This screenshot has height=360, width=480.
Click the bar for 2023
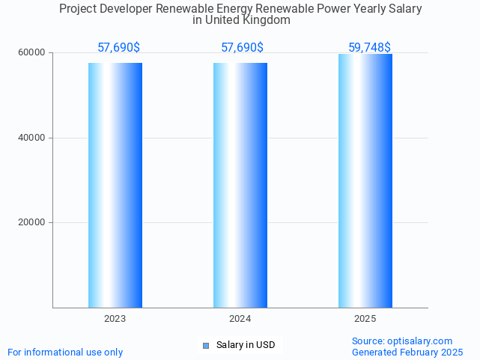pos(115,185)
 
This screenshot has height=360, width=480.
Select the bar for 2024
pos(240,185)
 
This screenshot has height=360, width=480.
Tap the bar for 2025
pos(365,180)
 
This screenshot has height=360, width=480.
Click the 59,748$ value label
pos(369,47)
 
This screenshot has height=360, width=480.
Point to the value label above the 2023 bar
pos(118,47)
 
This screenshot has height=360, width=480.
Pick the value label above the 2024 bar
pos(242,47)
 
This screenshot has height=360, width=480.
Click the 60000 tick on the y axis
pos(32,53)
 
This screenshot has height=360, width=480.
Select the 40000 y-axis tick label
pos(32,138)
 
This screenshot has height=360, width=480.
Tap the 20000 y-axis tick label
pos(32,222)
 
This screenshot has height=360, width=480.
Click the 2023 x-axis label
pos(115,319)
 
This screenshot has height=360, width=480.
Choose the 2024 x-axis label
pos(240,319)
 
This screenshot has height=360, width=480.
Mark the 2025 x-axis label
pos(365,319)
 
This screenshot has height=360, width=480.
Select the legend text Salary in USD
pos(246,345)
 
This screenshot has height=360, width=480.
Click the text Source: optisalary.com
pos(402,341)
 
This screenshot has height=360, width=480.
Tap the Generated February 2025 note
pos(407,352)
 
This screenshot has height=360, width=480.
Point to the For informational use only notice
pos(65,352)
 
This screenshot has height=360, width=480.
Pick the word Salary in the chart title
pos(404,9)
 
